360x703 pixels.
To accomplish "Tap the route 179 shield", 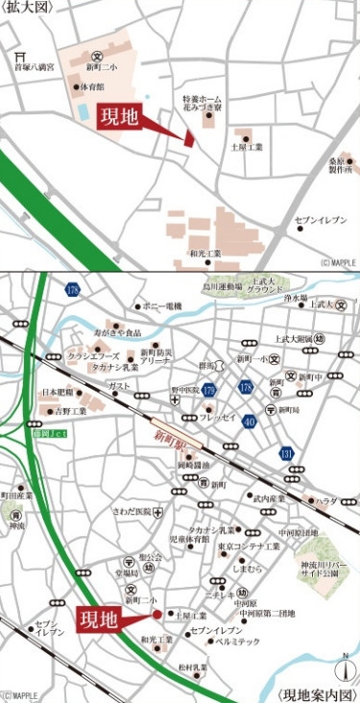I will (209, 389).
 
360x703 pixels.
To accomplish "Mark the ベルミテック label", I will (237, 642).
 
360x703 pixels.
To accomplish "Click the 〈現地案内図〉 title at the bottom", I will (318, 693).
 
